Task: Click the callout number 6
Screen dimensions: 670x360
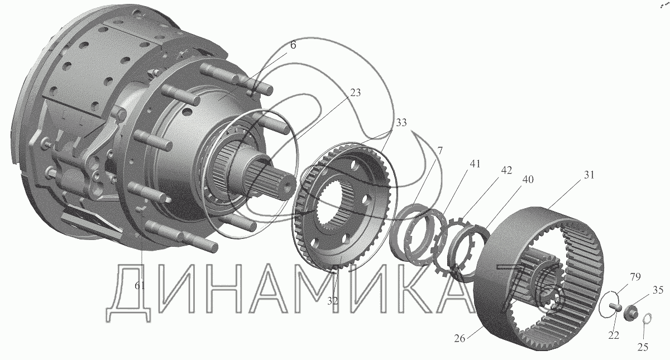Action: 293,45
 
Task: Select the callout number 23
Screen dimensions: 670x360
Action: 355,93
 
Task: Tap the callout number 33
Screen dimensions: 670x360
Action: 401,123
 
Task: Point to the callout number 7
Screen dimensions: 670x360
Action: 439,151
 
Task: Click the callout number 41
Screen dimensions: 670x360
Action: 475,164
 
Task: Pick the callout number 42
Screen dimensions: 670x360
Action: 506,170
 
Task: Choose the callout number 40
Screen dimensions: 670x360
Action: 528,179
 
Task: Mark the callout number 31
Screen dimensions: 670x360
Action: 589,175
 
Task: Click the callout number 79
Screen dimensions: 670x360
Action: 635,277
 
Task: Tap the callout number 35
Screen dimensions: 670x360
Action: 658,290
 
